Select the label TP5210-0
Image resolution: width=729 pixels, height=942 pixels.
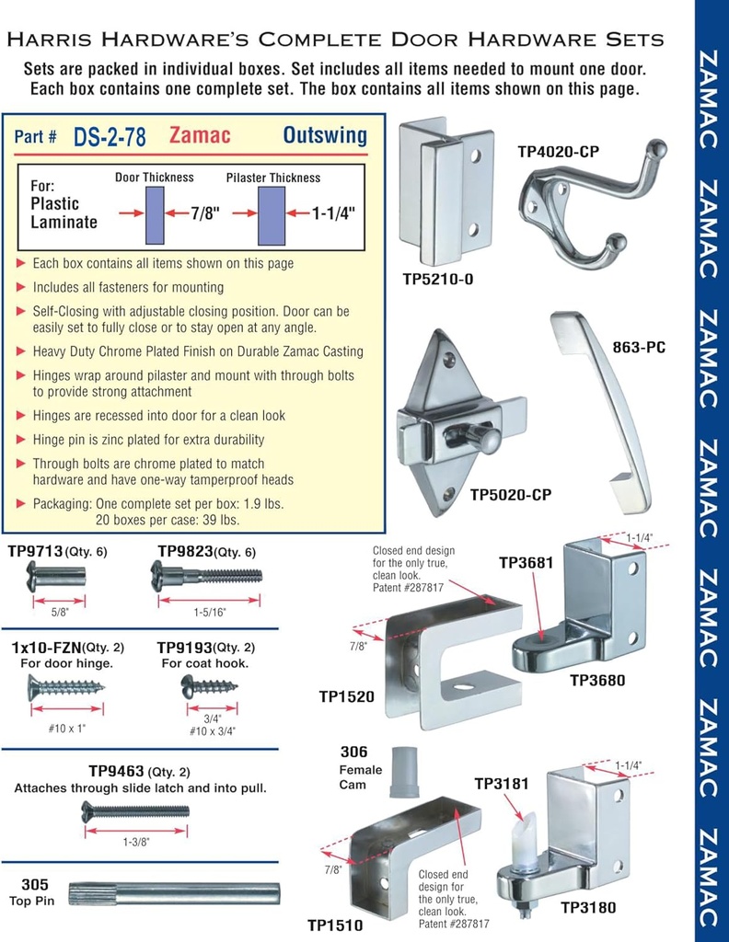[x=438, y=277]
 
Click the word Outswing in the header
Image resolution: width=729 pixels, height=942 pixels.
[x=324, y=136]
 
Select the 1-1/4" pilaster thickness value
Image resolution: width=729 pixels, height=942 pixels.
[x=333, y=213]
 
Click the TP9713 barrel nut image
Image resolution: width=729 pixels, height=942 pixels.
[x=56, y=577]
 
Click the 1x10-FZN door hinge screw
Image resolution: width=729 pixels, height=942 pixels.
[x=65, y=686]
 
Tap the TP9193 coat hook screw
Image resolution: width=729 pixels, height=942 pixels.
[x=209, y=686]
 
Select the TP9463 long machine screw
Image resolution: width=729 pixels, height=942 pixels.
[x=135, y=810]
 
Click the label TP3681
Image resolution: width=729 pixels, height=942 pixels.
[x=526, y=562]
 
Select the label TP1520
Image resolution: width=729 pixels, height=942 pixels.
[x=347, y=696]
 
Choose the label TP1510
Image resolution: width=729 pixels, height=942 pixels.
[x=335, y=925]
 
